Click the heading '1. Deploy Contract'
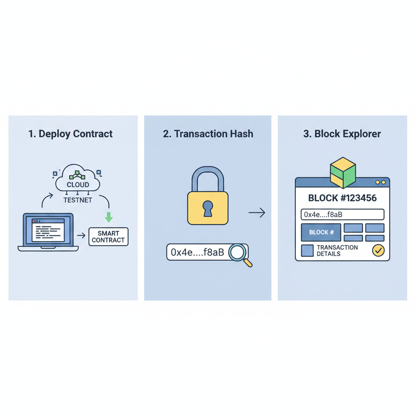tap(71, 134)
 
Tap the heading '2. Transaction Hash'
tap(208, 134)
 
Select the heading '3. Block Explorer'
tap(342, 134)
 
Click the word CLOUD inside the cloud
tap(78, 185)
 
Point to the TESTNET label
tap(78, 200)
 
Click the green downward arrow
tap(108, 217)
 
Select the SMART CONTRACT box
tap(108, 237)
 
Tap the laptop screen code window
tap(48, 230)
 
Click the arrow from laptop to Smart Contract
tap(81, 236)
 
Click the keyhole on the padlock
tap(208, 208)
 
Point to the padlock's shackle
tap(208, 179)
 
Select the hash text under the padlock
tap(197, 252)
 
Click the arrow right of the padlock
tap(257, 212)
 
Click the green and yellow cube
tap(343, 172)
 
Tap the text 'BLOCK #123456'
tap(342, 198)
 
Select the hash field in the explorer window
tap(342, 214)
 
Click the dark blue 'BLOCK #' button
tap(321, 232)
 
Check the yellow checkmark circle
tap(378, 251)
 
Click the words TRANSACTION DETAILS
tap(337, 251)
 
